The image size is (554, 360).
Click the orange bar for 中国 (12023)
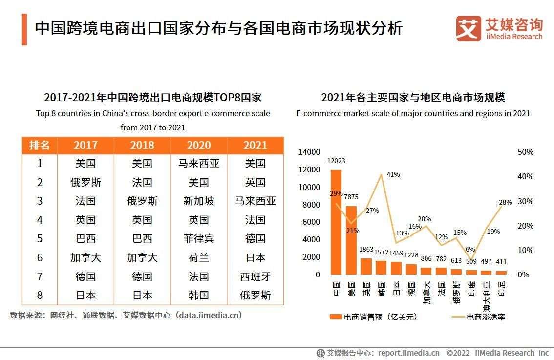point(336,222)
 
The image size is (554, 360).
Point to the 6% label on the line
point(470,249)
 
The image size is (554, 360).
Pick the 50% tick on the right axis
point(525,152)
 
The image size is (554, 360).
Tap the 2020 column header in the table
point(199,145)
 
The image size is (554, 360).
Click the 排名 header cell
point(40,145)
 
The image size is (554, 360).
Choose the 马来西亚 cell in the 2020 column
point(199,163)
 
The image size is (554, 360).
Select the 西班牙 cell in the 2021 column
point(255,276)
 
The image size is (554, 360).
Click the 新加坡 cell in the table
point(199,201)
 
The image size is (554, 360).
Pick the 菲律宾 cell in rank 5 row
point(199,239)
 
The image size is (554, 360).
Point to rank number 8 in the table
point(40,295)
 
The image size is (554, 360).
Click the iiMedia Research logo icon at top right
point(468,29)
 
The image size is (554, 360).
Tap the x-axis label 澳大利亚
point(487,296)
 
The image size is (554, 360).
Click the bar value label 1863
point(366,249)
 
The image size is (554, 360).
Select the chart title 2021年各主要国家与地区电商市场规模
point(413,98)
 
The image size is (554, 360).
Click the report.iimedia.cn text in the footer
point(408,353)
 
